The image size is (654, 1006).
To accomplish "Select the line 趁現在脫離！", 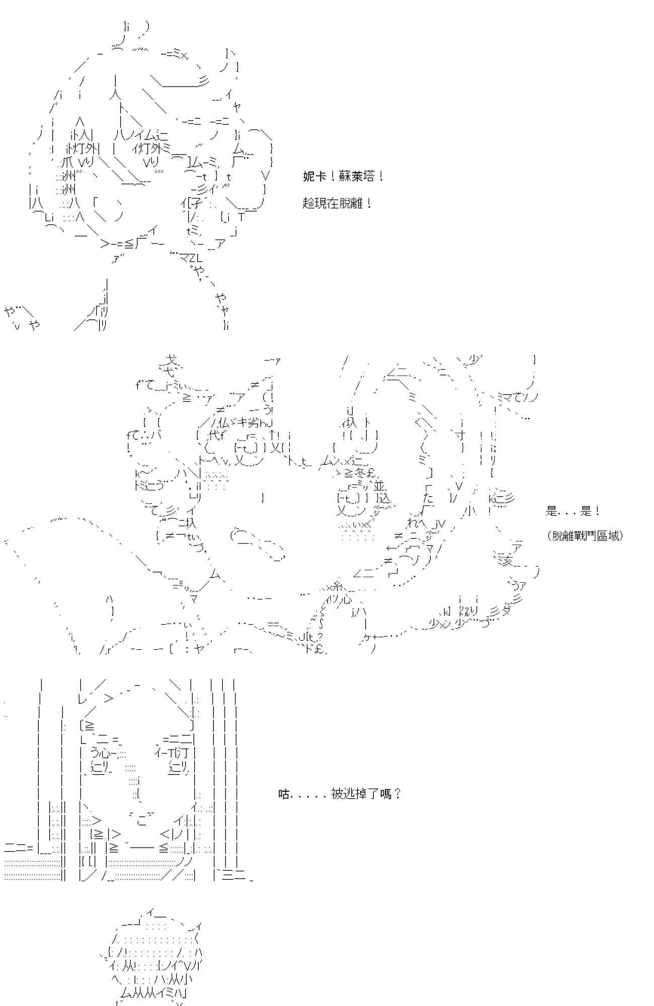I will click(x=338, y=204).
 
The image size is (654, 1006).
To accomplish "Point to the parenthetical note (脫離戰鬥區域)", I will click(x=585, y=536).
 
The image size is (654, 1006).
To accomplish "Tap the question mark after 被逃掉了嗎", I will click(x=397, y=794).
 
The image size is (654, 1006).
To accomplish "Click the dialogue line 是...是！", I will click(x=573, y=512).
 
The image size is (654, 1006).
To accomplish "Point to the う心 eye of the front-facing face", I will click(x=102, y=753).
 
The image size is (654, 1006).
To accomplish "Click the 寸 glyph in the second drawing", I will click(x=459, y=435).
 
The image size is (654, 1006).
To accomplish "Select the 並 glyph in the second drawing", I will click(x=379, y=486).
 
